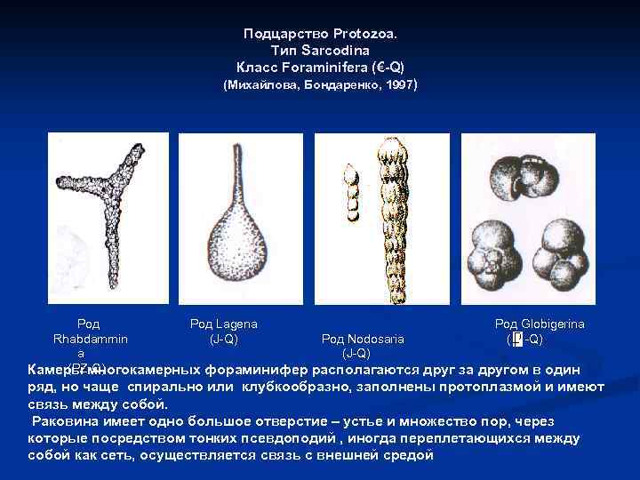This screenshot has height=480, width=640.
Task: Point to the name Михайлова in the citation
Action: coord(258,86)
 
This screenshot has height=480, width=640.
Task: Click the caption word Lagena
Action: coord(236,325)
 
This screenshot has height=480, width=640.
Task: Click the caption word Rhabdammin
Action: coord(90,339)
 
